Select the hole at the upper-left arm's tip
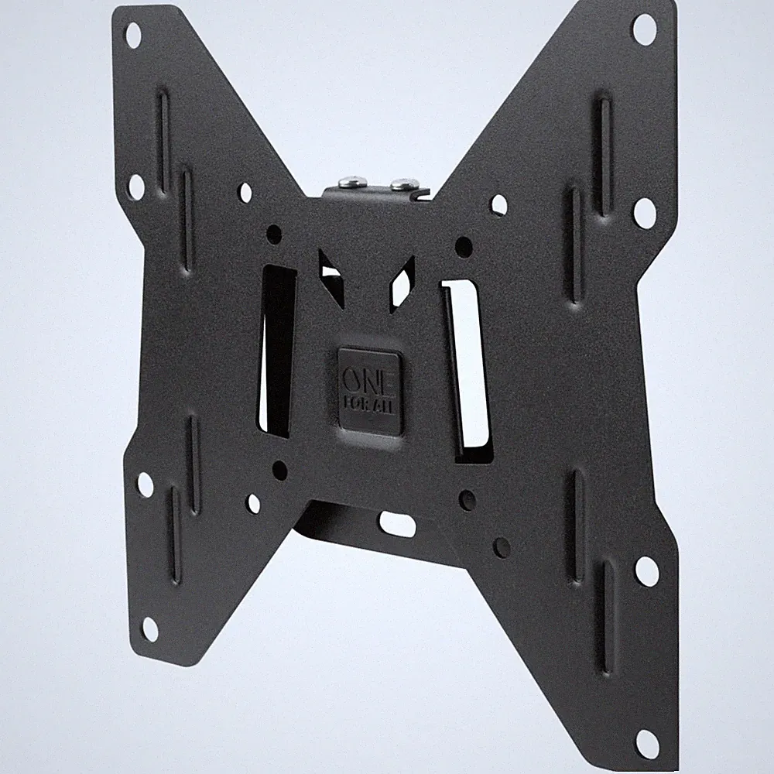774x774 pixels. click(x=133, y=35)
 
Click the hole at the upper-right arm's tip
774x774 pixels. click(x=644, y=29)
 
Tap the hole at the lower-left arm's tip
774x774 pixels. click(x=151, y=629)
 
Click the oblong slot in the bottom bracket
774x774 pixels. click(x=398, y=522)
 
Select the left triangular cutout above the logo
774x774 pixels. click(x=332, y=277)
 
